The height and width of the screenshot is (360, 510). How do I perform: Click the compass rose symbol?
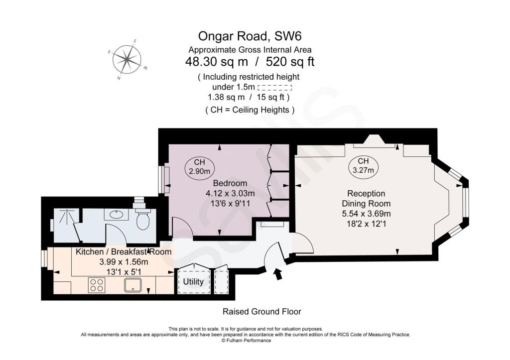[x=127, y=59]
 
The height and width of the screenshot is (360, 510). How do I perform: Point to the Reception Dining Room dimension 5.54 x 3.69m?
[x=366, y=214]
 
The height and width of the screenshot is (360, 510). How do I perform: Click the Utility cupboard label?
[x=193, y=282]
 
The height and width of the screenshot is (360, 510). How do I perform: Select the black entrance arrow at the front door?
[x=277, y=273]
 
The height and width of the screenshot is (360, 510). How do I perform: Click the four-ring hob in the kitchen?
[x=97, y=285]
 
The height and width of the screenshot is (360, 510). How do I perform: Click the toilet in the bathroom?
[x=143, y=220]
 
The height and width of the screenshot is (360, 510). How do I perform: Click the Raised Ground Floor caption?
[x=261, y=312]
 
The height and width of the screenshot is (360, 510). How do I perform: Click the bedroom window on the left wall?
[x=162, y=178]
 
